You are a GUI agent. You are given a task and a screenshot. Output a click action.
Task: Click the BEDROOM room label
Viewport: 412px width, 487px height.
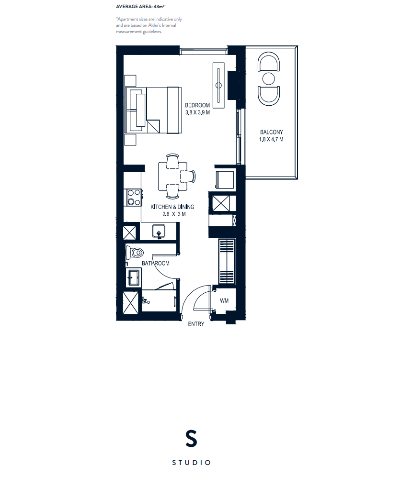point(197,105)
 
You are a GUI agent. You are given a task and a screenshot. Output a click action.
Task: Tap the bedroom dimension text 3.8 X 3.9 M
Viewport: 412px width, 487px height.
point(197,112)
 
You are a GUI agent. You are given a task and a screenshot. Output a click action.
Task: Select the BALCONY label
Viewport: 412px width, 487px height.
point(272,133)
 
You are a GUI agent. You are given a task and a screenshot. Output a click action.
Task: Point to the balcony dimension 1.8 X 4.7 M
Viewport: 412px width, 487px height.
point(271,140)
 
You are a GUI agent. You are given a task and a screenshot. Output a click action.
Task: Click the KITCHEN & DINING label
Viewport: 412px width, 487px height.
point(172,207)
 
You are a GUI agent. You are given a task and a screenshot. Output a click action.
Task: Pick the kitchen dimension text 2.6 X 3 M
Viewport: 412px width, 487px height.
point(174,214)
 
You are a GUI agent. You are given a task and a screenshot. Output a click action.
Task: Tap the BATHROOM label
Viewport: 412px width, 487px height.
point(156,264)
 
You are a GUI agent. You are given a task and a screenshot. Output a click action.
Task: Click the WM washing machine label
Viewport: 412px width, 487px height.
point(224,300)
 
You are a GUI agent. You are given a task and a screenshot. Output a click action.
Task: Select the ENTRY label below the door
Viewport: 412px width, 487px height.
point(196,324)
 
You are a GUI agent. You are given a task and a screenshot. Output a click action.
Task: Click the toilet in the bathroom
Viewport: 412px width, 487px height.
point(134,252)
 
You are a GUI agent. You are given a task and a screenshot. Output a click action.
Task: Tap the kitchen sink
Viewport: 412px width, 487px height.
point(159,232)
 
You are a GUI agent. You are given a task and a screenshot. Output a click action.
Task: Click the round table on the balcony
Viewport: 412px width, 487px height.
point(269,78)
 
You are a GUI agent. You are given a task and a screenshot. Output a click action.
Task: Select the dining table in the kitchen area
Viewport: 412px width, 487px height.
point(172,176)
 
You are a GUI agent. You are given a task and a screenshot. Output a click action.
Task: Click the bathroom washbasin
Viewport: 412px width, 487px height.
point(133,277)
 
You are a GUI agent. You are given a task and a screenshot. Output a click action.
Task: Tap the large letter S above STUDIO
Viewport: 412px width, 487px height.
point(191,438)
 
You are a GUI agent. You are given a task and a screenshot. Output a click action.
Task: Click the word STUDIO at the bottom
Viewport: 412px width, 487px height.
point(192,463)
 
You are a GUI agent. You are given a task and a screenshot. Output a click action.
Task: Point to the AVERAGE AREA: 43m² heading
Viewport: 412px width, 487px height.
point(140,7)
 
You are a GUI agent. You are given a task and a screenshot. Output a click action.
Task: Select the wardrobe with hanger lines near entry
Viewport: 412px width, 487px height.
point(227,262)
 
